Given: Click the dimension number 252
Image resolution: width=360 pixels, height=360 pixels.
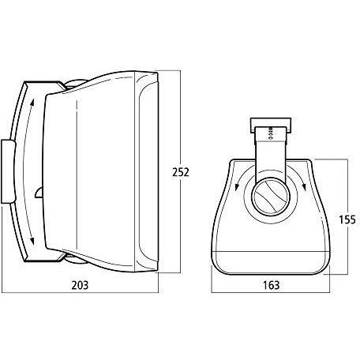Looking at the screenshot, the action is [x=181, y=172].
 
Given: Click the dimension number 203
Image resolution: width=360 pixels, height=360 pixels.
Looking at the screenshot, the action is [x=80, y=285].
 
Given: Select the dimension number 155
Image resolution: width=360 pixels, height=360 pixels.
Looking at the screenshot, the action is [x=347, y=219].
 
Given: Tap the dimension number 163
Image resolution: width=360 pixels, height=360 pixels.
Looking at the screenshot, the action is [x=272, y=285].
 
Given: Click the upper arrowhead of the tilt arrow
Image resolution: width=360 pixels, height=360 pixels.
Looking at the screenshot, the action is [x=32, y=103].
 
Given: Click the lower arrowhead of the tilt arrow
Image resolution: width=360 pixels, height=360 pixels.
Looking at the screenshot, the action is [x=32, y=241].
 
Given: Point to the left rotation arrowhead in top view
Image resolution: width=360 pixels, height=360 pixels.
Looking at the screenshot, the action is [x=237, y=187].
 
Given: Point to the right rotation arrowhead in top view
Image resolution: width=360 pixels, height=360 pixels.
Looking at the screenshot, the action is [x=305, y=186].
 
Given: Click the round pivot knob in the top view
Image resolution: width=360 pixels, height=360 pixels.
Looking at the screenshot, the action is [x=271, y=197].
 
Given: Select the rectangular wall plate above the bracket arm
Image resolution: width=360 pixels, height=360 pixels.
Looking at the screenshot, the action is [x=271, y=126].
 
